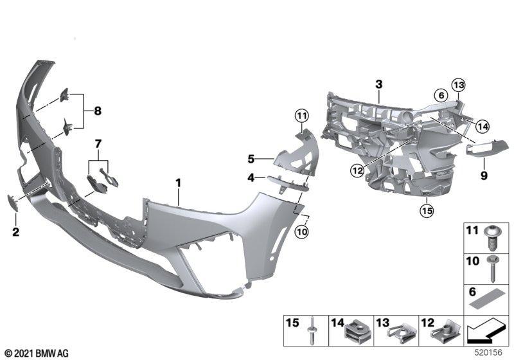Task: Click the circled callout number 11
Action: click(301, 116)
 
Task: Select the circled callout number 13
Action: click(458, 85)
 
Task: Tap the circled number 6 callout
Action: click(441, 95)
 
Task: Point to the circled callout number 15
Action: click(427, 210)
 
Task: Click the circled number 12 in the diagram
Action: click(357, 170)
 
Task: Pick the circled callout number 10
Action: click(301, 232)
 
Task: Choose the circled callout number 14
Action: click(483, 126)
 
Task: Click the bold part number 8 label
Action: click(98, 111)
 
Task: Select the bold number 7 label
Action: click(98, 143)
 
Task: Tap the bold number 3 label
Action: click(378, 84)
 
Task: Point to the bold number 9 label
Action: click(484, 175)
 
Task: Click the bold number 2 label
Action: click(15, 232)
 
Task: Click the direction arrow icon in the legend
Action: click(485, 331)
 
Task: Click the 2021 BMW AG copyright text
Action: click(37, 354)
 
